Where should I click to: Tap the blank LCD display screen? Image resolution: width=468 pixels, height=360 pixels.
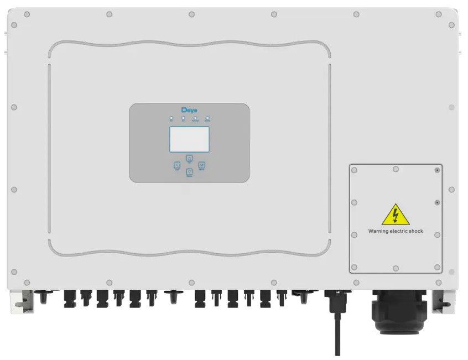[189, 139]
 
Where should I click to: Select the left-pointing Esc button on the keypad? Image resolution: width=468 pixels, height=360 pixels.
[177, 165]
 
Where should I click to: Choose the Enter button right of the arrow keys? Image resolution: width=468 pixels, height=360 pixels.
[202, 165]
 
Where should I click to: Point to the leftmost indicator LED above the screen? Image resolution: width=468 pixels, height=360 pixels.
[171, 118]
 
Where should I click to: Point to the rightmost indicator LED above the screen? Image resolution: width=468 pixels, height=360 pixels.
[207, 118]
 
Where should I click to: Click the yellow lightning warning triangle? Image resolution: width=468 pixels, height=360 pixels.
[396, 215]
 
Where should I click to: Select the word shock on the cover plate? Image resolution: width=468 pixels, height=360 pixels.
[414, 231]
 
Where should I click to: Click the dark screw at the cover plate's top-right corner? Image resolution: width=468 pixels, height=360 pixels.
[437, 171]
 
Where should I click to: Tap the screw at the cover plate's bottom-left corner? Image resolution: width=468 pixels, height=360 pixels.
[355, 267]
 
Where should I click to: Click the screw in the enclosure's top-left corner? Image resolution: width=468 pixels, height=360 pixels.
[13, 25]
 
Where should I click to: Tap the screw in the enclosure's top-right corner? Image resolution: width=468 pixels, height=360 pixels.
[452, 25]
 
